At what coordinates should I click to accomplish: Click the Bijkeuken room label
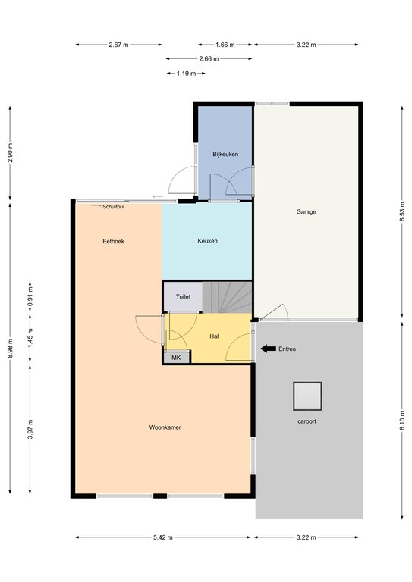pos(225,154)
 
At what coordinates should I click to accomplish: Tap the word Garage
pos(306,212)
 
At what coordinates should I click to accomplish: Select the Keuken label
pos(207,241)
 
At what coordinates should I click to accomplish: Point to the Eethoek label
pos(113,241)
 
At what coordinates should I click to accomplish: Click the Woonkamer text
pos(165,427)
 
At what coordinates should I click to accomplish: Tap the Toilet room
pos(183,296)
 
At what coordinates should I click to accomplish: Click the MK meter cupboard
pos(177,358)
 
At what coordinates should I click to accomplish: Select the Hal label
pos(214,336)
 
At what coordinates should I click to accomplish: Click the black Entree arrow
pos(269,349)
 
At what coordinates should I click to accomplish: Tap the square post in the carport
pos(307,396)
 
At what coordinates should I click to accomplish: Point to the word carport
pos(307,421)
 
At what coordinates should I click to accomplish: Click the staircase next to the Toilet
pos(228,297)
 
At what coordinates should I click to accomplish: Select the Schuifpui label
pos(113,207)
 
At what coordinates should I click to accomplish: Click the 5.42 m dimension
pos(163,537)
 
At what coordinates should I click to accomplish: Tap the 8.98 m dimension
pos(10,348)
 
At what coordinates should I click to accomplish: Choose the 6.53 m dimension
pos(401,212)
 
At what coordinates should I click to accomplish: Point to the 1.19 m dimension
pos(186,74)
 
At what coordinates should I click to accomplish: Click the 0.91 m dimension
pos(30,297)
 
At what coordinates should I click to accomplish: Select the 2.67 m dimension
pos(118,45)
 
